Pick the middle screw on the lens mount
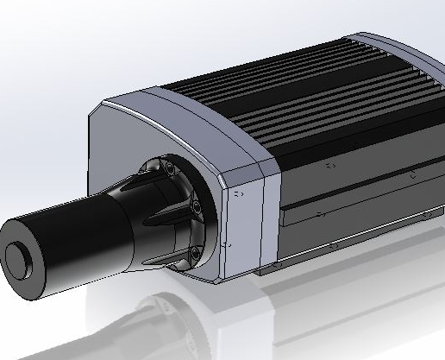(197, 208)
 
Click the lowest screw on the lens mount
(194, 251)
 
